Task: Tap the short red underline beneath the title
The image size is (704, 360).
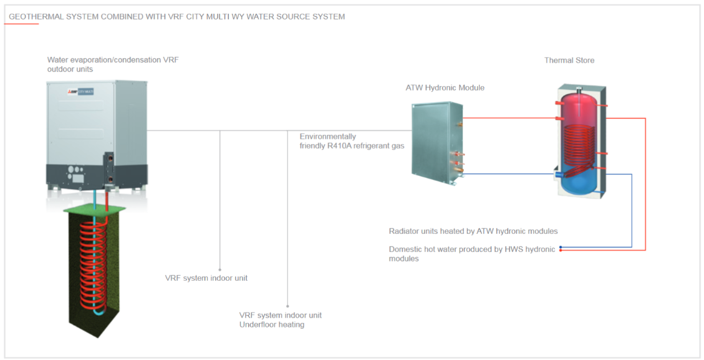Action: coord(21,24)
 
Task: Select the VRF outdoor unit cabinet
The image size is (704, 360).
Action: coord(97,134)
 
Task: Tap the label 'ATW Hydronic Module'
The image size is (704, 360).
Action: coord(445,88)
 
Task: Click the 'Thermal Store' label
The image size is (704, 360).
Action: coord(569,61)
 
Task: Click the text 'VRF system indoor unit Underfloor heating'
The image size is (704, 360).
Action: coord(280,319)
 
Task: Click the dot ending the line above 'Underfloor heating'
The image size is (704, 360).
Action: coord(287,306)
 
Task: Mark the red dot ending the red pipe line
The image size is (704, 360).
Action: coord(561,251)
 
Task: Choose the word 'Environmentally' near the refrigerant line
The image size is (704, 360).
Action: coord(327,137)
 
